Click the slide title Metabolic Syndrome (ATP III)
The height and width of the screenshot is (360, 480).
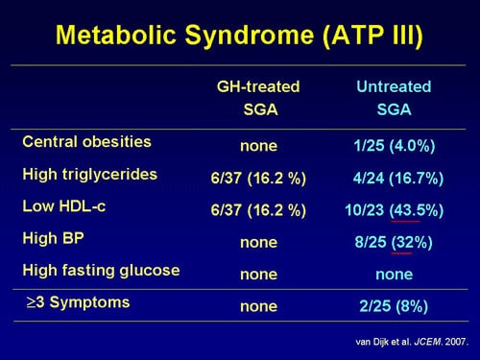coord(240,36)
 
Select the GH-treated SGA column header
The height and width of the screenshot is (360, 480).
coord(258,98)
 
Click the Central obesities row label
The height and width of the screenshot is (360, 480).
coord(86,141)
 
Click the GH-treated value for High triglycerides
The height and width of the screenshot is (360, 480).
coord(258,178)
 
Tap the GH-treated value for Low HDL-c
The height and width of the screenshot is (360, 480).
coord(258,210)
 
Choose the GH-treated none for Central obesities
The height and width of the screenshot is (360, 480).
coord(258,145)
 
